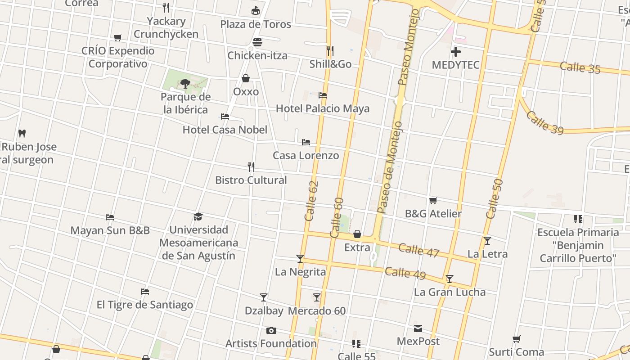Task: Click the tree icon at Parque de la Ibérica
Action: (185, 83)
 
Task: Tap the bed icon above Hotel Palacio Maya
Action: (323, 95)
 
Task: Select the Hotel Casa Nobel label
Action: (225, 130)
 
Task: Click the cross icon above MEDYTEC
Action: (456, 52)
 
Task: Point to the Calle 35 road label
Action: (580, 67)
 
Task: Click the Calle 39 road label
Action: (544, 122)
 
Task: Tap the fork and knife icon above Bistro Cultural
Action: (251, 167)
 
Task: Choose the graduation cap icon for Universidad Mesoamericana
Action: (198, 217)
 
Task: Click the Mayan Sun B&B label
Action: (110, 230)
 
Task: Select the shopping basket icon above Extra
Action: (357, 234)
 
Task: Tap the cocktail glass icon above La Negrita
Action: (300, 259)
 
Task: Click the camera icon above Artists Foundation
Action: (271, 331)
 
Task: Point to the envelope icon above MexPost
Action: (418, 328)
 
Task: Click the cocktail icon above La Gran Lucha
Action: (450, 279)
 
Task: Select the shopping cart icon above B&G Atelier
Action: (433, 200)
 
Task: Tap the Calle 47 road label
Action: (418, 250)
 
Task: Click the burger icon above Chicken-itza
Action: (257, 42)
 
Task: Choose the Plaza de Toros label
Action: (256, 24)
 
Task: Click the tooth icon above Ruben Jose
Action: (22, 134)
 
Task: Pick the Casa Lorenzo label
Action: (306, 155)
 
